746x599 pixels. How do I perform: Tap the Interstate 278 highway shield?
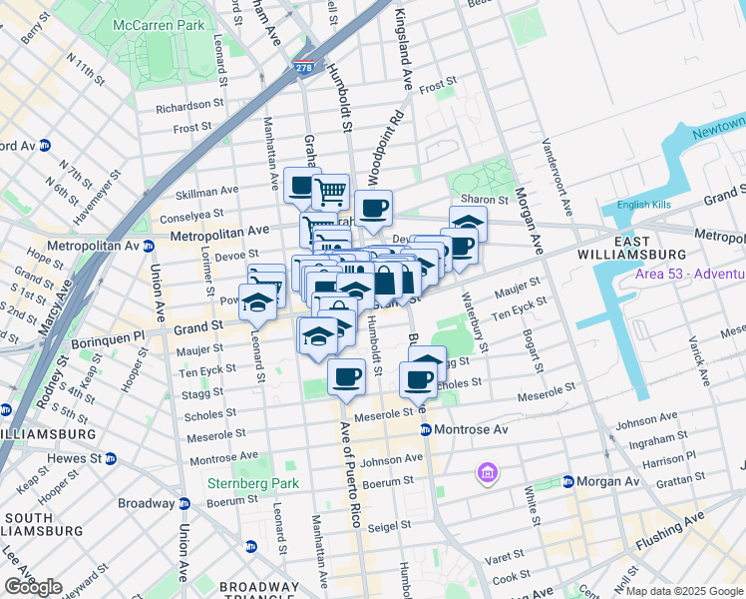tap(304, 69)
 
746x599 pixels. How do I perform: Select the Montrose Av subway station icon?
tap(424, 429)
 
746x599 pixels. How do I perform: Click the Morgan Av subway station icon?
tap(567, 481)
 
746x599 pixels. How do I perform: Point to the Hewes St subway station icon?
tap(111, 458)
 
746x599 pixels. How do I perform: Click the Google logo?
tap(33, 587)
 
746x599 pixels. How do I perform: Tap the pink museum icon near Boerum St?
tap(488, 471)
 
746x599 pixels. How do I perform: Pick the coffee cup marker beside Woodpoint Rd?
tap(373, 210)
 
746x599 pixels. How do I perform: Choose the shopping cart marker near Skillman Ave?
tap(330, 191)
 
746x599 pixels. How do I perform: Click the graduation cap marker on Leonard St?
tap(258, 303)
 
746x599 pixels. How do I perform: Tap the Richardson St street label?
tap(188, 104)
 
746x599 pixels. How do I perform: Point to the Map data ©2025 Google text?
tap(684, 591)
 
